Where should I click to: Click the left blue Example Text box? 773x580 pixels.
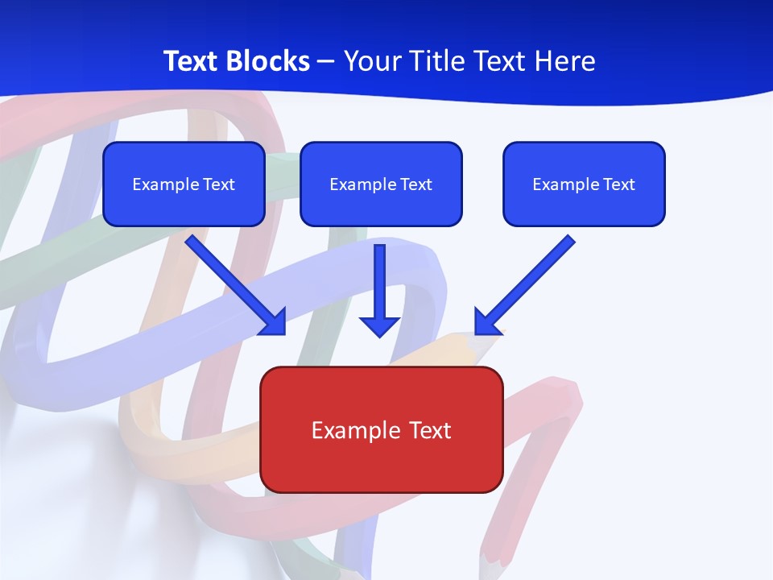184,184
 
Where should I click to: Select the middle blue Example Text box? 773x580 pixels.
381,184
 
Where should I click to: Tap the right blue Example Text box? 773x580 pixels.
584,184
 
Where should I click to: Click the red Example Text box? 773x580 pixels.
382,429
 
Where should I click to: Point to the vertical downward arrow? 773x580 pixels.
379,290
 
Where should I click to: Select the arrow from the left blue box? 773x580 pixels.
236,285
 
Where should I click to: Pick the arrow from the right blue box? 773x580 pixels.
525,285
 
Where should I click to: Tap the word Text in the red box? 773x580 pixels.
428,430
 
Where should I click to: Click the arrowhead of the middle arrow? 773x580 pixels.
379,326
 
